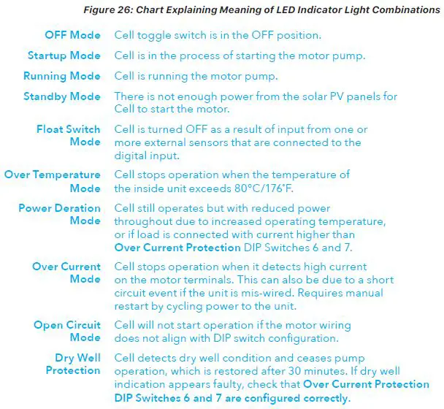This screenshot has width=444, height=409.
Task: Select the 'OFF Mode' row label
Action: coord(72,35)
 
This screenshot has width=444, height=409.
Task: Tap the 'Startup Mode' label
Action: coord(64,56)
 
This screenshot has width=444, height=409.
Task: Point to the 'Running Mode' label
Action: coord(62,77)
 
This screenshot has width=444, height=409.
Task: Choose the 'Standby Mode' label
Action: coord(62,96)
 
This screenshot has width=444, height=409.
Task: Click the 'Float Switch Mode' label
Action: coord(69,136)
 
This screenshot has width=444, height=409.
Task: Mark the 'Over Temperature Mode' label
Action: coord(53,181)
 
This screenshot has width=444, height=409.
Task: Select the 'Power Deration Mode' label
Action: coord(60,214)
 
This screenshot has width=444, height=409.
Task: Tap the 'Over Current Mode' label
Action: coord(66,272)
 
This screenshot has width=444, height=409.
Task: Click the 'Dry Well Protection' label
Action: coord(73,364)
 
